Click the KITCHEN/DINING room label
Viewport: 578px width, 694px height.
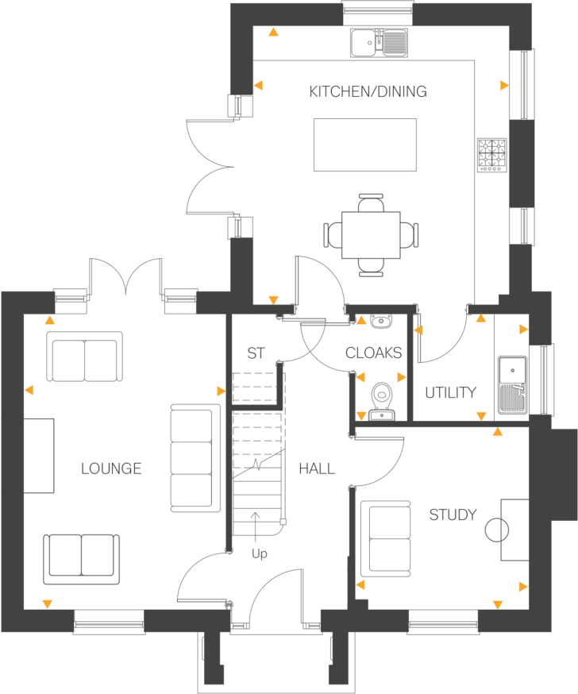(x=368, y=91)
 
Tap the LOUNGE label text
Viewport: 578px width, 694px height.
(x=111, y=468)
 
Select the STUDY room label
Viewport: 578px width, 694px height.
(x=453, y=515)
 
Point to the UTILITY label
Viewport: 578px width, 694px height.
(x=450, y=392)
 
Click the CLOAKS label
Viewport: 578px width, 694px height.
(x=373, y=353)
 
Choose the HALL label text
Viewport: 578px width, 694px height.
(x=317, y=469)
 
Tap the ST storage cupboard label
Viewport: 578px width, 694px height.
(x=255, y=353)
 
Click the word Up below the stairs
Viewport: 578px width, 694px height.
(x=259, y=554)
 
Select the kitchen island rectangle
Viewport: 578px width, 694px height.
(x=365, y=144)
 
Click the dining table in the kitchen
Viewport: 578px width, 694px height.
(x=371, y=234)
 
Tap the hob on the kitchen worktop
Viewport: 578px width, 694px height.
(x=491, y=156)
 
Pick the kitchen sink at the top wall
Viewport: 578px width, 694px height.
(x=378, y=41)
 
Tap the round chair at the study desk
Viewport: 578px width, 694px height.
(x=498, y=529)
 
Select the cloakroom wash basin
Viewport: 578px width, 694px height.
(x=382, y=321)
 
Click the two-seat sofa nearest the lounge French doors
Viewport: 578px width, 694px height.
(x=85, y=357)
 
